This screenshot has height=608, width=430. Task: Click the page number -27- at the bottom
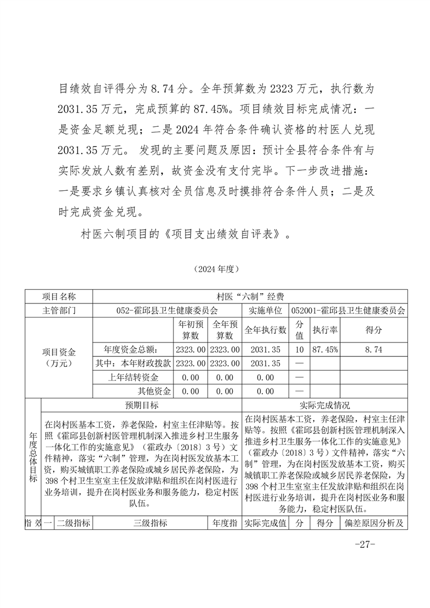coord(364,545)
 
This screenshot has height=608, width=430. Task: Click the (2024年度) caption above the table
coord(215,268)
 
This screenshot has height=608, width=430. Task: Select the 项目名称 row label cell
coord(59,296)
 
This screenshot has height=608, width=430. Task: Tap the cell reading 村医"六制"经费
coord(250,296)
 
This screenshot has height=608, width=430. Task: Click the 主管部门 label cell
coord(59,311)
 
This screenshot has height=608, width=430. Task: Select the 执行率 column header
coord(325,329)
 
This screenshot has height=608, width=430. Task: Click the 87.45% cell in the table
coord(325,350)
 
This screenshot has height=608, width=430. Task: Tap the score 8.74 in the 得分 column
coord(374,350)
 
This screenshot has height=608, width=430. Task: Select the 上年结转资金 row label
coord(132,377)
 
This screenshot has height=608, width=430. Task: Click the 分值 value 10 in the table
coord(299,350)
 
